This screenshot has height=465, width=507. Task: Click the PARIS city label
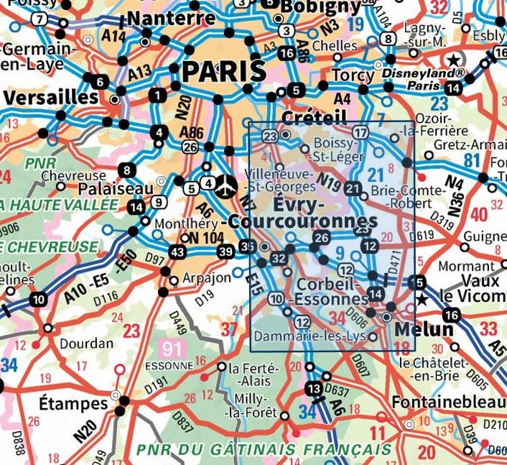(223, 71)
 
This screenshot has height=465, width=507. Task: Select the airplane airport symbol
(225, 185)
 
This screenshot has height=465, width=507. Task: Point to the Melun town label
(424, 329)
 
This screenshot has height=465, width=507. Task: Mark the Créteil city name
(315, 117)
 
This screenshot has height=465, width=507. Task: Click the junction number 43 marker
(177, 252)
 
